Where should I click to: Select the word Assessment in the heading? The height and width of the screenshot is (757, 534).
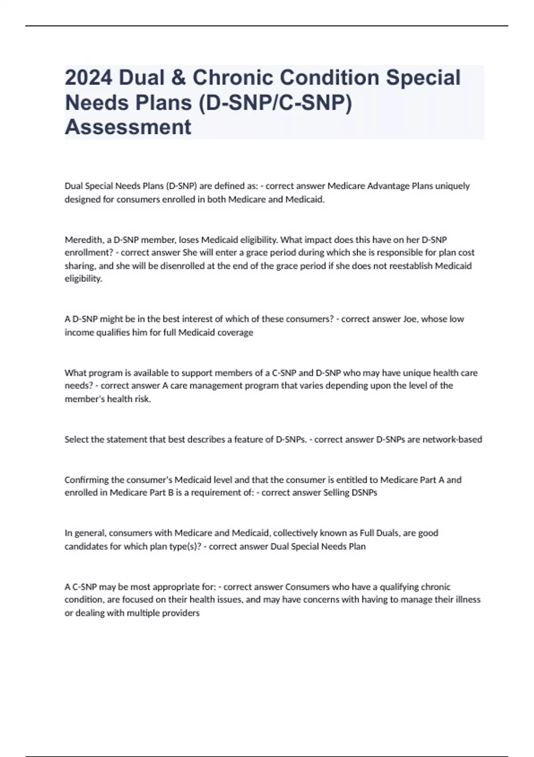(x=128, y=127)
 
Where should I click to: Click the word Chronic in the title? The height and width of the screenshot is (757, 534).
(x=231, y=77)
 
